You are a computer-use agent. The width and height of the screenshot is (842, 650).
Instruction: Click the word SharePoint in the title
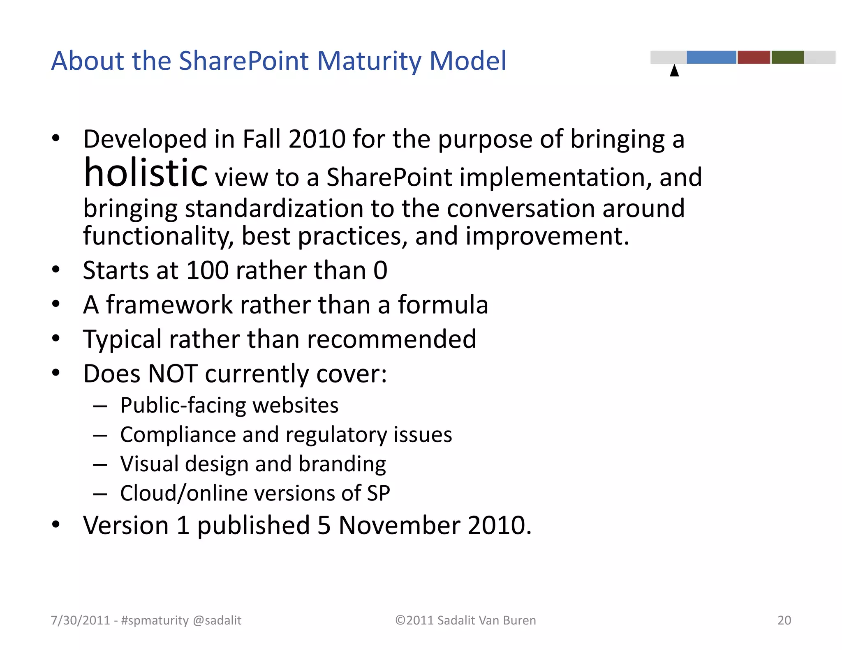244,61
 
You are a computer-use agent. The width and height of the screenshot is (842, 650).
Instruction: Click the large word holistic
146,173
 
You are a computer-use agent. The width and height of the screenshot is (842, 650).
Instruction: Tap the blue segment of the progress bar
711,57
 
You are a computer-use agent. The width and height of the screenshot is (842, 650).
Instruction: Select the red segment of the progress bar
754,57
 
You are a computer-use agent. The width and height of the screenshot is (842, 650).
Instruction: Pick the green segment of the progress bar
787,57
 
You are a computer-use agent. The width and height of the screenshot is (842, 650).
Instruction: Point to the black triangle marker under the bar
674,71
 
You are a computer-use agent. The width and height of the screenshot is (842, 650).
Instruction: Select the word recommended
391,339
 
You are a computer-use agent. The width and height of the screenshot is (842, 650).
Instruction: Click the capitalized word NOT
173,374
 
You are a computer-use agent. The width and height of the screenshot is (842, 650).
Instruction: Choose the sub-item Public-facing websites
229,406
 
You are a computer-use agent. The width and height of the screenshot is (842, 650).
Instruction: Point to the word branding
342,464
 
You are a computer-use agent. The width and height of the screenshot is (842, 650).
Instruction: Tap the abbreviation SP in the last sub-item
378,493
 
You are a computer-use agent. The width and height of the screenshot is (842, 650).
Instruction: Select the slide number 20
784,620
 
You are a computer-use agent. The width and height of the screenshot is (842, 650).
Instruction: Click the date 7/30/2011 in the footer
80,620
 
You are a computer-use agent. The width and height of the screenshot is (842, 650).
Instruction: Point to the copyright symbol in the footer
400,620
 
